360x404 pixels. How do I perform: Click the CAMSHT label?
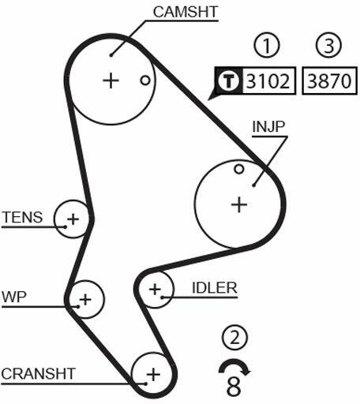click(186, 12)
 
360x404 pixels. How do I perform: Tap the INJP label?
click(268, 126)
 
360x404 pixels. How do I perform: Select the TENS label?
click(23, 217)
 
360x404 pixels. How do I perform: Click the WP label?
click(14, 297)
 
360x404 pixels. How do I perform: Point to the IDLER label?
click(215, 288)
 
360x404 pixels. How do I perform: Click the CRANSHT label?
click(39, 373)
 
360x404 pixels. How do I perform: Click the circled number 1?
click(267, 45)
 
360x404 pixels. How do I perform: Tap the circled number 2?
click(234, 338)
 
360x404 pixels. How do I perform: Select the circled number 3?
click(328, 45)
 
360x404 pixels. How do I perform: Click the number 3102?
click(268, 80)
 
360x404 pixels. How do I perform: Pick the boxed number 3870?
click(329, 80)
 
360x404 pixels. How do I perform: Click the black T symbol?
click(228, 80)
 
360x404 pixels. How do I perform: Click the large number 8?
click(234, 387)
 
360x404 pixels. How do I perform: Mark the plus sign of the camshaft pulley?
click(111, 80)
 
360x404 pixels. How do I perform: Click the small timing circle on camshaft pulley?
click(145, 80)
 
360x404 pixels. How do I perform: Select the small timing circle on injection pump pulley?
click(239, 169)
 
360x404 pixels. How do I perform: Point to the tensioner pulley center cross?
click(73, 219)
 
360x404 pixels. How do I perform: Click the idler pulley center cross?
click(155, 289)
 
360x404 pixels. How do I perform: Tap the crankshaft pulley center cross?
click(153, 374)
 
